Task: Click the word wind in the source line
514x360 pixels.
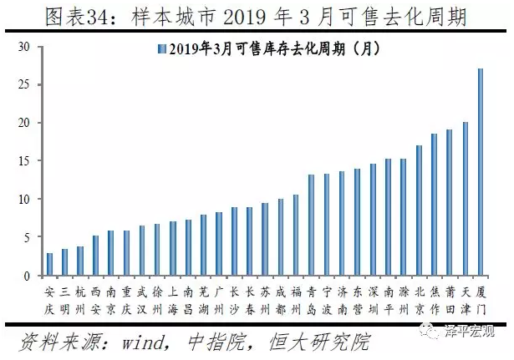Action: coord(143,342)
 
